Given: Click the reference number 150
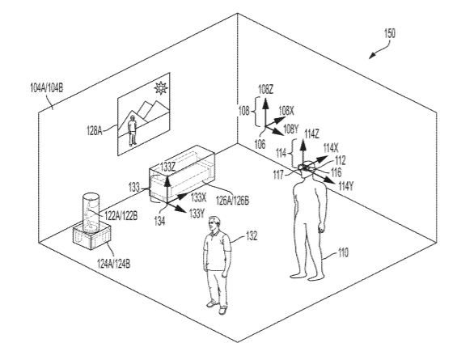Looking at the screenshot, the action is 389,33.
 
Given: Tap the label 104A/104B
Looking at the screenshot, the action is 46,88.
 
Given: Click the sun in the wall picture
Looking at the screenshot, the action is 160,88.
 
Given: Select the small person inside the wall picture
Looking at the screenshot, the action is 132,130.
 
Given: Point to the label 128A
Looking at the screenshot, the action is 95,131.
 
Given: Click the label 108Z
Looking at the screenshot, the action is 266,90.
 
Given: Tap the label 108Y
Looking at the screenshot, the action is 290,129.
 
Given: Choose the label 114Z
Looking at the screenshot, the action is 311,134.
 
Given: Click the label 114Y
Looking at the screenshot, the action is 346,186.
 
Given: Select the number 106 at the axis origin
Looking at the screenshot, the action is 260,144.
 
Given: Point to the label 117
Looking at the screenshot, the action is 278,175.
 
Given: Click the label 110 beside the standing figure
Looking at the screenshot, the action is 343,252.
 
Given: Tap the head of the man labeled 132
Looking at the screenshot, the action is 214,224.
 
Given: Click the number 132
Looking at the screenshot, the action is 252,235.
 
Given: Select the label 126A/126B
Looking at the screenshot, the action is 232,200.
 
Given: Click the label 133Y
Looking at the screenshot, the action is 197,214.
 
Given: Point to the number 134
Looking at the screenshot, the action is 159,222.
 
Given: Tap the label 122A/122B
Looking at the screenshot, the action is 121,216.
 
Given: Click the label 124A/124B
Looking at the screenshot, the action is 114,264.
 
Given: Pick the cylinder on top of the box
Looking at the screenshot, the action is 91,213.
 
